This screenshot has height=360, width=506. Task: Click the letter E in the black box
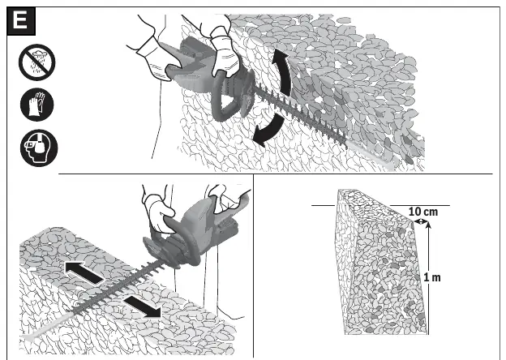(x=20, y=20)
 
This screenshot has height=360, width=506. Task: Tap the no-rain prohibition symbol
(x=37, y=62)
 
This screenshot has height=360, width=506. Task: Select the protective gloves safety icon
(x=37, y=105)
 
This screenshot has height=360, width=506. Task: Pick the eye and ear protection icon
(x=39, y=148)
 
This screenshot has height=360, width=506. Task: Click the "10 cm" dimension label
(x=423, y=212)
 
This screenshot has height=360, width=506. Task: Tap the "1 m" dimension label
(x=432, y=277)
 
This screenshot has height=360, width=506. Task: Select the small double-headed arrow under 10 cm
(x=420, y=221)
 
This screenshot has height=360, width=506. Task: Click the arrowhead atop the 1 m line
(x=428, y=225)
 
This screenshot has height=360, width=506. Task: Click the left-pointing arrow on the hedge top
(x=84, y=272)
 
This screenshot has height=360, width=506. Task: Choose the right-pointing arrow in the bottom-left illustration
(x=143, y=306)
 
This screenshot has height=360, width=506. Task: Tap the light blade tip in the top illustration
(x=389, y=165)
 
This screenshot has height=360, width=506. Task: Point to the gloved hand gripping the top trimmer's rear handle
(x=155, y=58)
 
